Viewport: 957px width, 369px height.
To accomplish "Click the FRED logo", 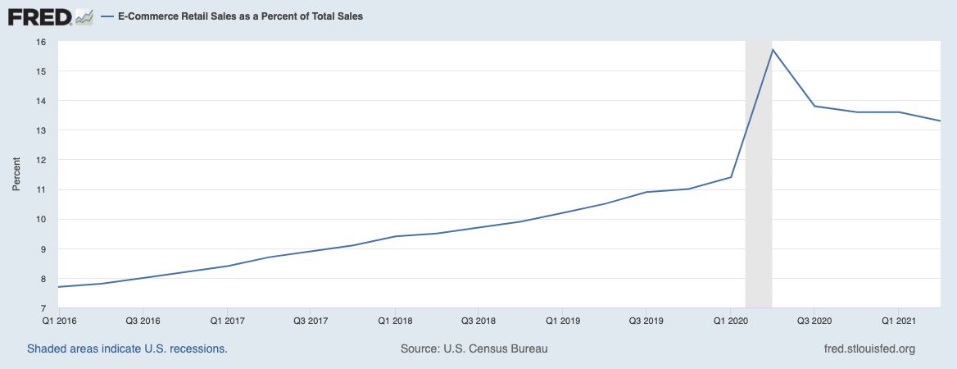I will coord(40,16).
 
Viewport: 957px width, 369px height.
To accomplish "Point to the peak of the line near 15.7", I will coord(772,50).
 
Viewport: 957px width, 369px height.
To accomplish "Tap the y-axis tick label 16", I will coord(40,42).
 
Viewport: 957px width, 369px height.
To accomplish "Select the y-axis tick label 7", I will coord(43,307).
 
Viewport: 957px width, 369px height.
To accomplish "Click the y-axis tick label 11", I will coord(40,189).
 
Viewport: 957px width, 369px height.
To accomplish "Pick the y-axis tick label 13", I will coord(40,130).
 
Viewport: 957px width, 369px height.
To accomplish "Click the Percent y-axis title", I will coord(16,175).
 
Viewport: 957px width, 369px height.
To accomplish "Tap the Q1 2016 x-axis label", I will coord(59,319).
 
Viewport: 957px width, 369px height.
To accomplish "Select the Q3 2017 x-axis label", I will coord(311,319).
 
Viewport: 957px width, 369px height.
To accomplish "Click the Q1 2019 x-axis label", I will coord(563,319).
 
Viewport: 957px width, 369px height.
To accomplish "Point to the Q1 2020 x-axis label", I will coord(730,319).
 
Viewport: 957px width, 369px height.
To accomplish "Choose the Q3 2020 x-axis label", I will coord(814,319).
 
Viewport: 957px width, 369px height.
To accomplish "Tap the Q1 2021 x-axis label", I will coord(898,319).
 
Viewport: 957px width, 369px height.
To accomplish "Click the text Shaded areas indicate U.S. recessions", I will coord(127,348).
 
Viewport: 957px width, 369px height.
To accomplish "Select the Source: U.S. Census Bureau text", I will coord(474,348).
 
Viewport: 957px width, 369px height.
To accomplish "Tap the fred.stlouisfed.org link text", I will coord(869,348).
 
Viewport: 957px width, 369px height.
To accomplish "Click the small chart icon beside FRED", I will coord(84,16).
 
